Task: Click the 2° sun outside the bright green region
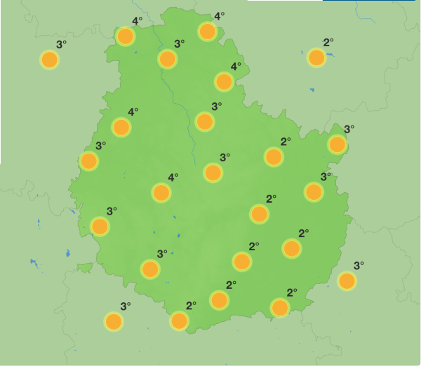click(316, 58)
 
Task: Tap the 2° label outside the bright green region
click(328, 42)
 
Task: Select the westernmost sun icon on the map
click(49, 60)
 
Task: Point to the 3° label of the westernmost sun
click(62, 45)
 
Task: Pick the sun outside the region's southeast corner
click(347, 281)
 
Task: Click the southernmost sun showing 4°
click(161, 193)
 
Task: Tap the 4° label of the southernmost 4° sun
click(173, 177)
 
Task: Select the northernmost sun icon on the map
click(208, 31)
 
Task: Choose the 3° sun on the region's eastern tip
click(338, 144)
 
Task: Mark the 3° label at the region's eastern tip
click(349, 129)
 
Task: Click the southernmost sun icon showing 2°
click(180, 321)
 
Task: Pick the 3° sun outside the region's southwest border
click(114, 322)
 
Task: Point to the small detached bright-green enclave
click(85, 268)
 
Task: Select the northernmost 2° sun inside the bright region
click(274, 156)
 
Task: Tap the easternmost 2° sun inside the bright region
click(292, 248)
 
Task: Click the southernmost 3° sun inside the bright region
click(150, 269)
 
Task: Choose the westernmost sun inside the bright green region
click(89, 161)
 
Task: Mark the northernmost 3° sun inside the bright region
click(167, 59)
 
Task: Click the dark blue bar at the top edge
click(371, 1)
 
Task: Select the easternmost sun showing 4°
click(224, 82)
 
